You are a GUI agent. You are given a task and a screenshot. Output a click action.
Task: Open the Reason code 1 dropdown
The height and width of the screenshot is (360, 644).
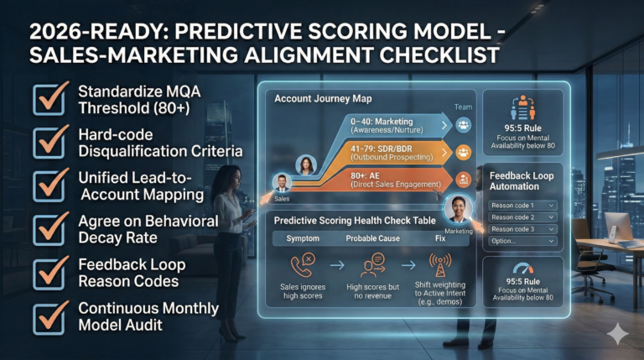[x=524, y=204]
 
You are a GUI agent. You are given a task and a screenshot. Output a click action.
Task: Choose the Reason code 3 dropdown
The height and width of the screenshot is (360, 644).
[x=524, y=228]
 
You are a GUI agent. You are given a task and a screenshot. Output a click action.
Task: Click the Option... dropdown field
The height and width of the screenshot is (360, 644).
[x=524, y=241]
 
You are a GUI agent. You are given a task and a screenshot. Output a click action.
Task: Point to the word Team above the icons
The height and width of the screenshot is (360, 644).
[x=463, y=107]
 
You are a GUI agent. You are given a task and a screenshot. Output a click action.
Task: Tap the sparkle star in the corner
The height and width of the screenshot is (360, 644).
[x=617, y=333]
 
